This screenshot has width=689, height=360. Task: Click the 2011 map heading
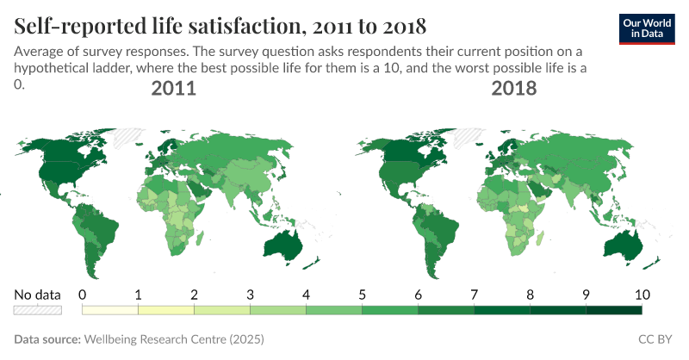click(173, 89)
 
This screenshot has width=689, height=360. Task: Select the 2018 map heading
click(514, 89)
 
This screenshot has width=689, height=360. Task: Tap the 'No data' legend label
click(38, 294)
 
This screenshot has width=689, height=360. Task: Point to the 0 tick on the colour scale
click(83, 294)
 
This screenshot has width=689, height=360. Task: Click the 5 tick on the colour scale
click(363, 294)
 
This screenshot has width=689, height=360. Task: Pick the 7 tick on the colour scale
click(475, 294)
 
